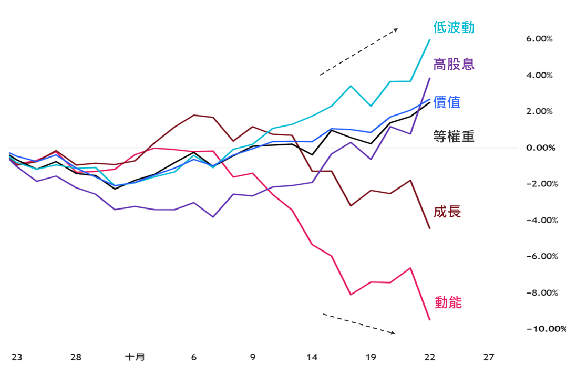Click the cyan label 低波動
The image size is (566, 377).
coord(454,27)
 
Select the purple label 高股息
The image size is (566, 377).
coord(454,64)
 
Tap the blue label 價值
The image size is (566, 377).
coord(447,102)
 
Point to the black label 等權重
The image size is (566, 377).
coord(454,137)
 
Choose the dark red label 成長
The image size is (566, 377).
coord(447,212)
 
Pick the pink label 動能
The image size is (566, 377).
coord(448,302)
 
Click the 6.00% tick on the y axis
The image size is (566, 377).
coord(539,39)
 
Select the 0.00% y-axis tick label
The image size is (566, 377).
coord(541,148)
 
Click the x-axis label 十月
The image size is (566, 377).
coord(135,357)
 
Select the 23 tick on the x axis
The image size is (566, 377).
coord(17,357)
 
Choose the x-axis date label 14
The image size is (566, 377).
coord(312,357)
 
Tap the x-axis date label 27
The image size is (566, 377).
coord(488,357)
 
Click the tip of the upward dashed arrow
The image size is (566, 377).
coord(398,29)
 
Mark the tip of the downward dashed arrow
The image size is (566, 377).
coord(395,333)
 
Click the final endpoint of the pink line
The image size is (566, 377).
coord(429,320)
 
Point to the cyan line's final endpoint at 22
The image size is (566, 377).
coord(429,40)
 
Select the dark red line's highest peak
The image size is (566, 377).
coord(194,115)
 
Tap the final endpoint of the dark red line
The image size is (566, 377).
coord(429,228)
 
